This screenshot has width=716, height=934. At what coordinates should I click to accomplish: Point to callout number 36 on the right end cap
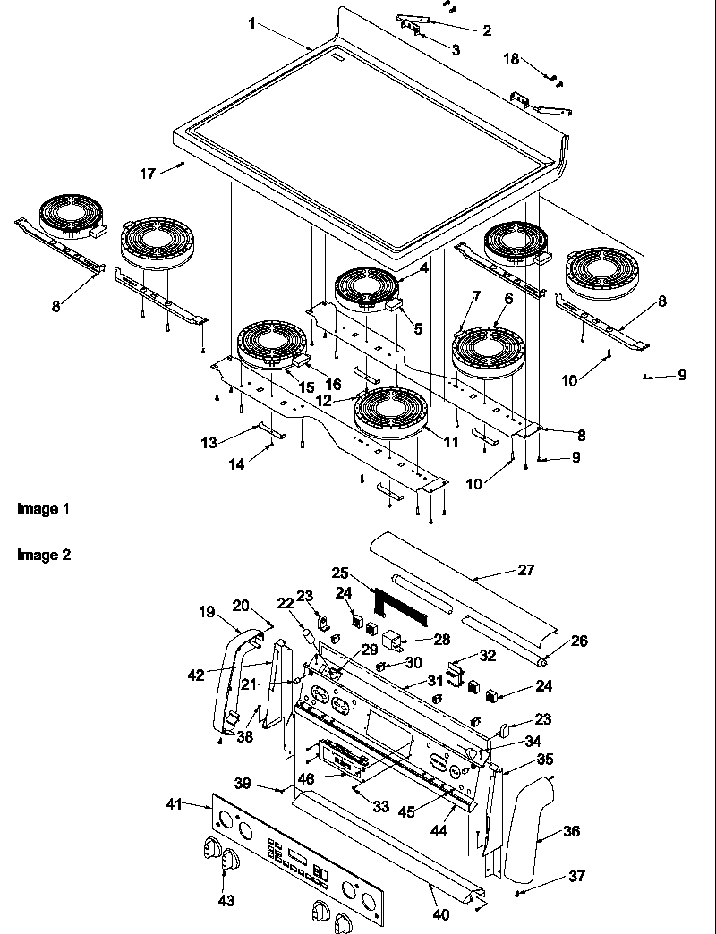[571, 831]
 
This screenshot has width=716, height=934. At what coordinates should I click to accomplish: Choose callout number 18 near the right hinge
[510, 58]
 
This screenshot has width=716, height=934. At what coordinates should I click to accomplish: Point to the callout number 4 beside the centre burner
[423, 267]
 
